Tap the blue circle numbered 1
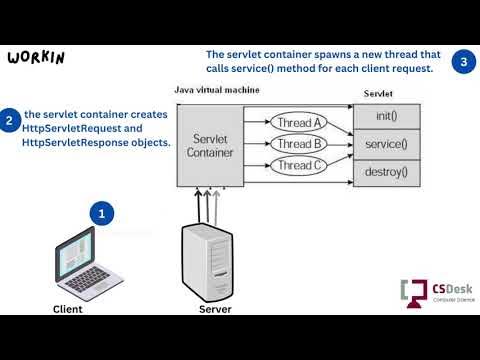102,214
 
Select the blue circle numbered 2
10,122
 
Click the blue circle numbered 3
462,61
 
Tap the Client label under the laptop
67,309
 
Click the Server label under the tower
214,309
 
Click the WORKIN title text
36,57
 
